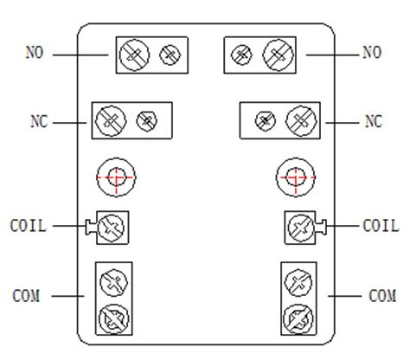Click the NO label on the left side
35,53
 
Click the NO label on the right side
372,53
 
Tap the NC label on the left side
39,121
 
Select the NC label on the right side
374,121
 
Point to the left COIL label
29,226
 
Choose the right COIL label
381,226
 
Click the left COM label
26,296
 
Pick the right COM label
382,296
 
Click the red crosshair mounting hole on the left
116,177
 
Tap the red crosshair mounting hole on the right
296,177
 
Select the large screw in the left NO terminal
134,55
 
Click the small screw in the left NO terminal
170,55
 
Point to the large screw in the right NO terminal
279,55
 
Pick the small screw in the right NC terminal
266,120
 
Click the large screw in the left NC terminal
111,120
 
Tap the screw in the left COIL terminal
112,228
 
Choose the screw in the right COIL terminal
301,228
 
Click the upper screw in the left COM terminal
113,283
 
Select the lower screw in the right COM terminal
298,319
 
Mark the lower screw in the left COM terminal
113,319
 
